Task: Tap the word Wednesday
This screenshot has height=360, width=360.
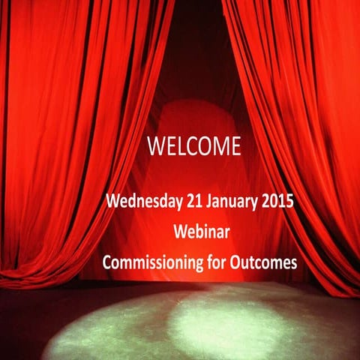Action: pos(143,202)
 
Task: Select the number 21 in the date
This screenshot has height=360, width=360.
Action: pos(191,202)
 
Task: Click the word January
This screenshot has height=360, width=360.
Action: pos(229,203)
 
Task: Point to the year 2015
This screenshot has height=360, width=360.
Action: pos(274,202)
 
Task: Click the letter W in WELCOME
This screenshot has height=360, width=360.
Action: pos(154,144)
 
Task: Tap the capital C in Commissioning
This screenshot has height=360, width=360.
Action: pos(107,262)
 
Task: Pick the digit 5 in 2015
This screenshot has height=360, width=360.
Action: pos(286,202)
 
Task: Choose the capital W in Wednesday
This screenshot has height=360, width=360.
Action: pos(113,202)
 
